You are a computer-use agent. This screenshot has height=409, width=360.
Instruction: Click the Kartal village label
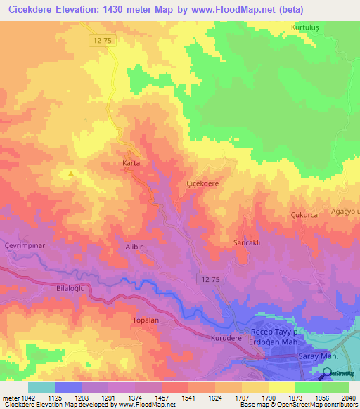click(x=132, y=162)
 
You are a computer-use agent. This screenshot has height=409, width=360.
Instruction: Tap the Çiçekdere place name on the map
click(x=202, y=183)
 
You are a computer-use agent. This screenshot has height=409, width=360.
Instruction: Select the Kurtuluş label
click(x=306, y=27)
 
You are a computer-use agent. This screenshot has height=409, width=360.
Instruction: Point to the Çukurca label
click(x=305, y=214)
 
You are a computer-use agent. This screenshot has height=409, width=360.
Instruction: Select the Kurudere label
click(x=226, y=338)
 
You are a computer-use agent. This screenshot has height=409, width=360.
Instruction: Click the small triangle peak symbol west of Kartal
click(x=70, y=173)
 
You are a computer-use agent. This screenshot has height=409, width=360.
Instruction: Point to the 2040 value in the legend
click(x=348, y=398)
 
